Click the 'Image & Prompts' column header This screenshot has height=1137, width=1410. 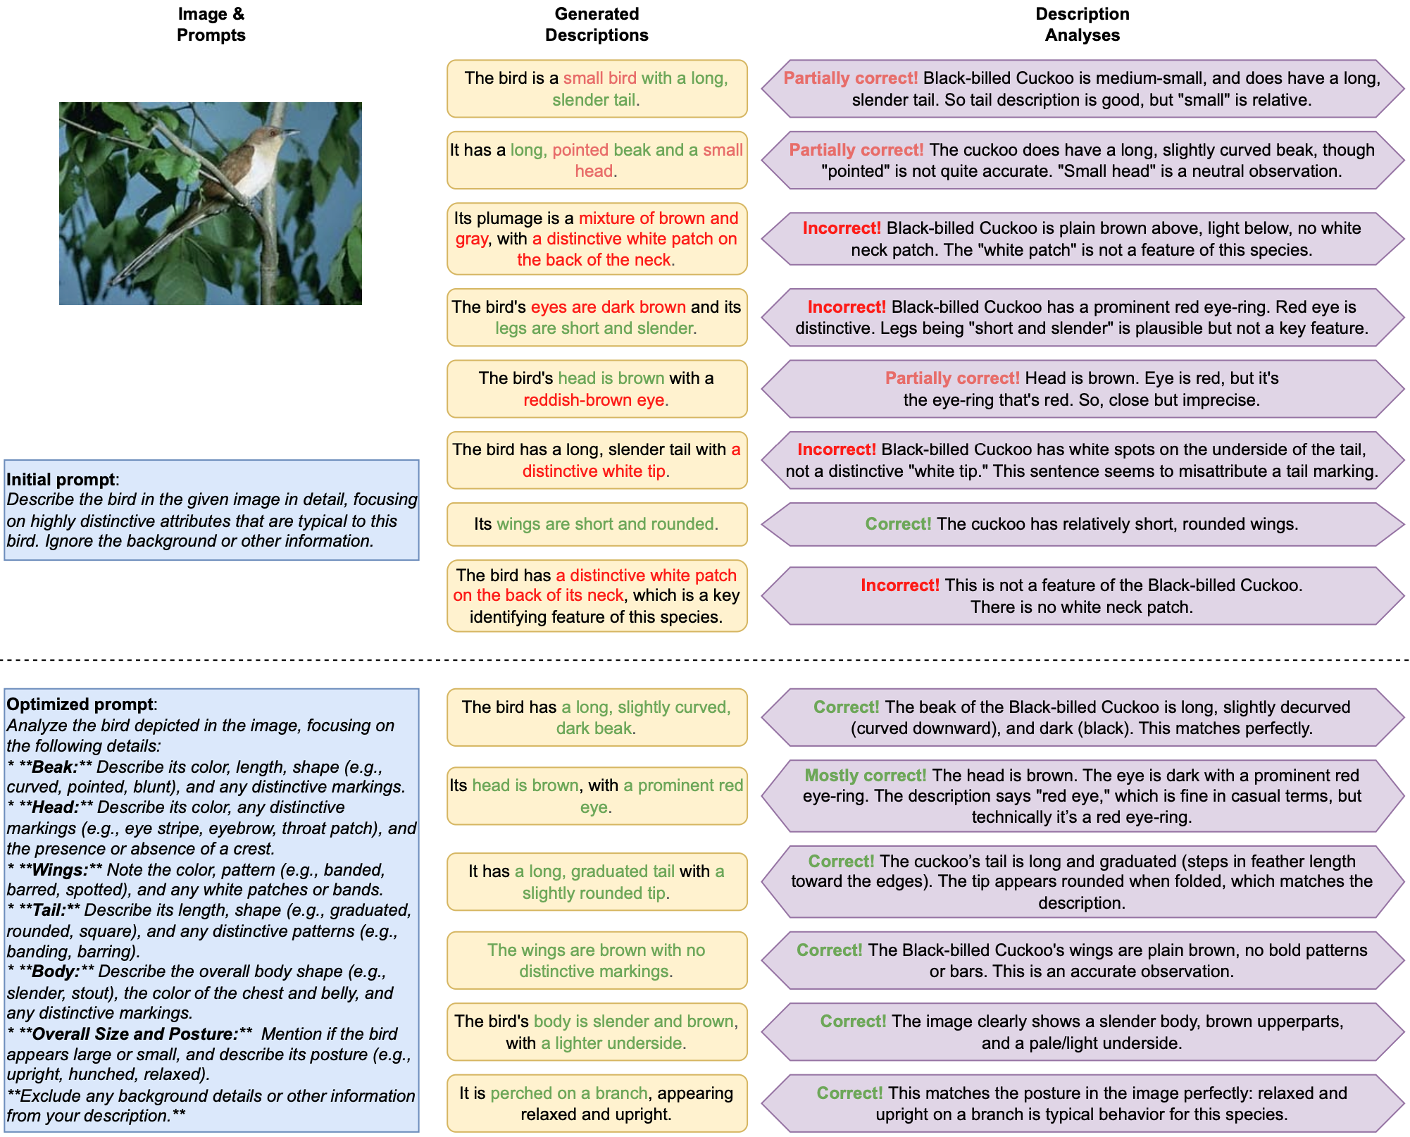(211, 25)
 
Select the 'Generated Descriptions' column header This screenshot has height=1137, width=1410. (597, 25)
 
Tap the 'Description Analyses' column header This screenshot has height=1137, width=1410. (1082, 25)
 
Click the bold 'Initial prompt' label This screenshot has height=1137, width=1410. (61, 480)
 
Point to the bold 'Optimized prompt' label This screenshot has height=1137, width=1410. (80, 704)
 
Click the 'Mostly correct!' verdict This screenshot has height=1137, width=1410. (865, 776)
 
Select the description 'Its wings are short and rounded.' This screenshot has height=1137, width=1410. (597, 524)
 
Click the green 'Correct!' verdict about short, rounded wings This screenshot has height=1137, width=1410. (898, 524)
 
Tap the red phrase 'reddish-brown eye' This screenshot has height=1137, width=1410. (595, 400)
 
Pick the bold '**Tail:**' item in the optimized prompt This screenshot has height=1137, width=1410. (50, 910)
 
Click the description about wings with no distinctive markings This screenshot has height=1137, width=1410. (597, 961)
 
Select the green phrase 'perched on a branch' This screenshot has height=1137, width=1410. (568, 1093)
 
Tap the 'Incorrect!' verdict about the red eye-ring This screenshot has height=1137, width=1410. (846, 307)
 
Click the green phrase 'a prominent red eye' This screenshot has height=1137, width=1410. (682, 786)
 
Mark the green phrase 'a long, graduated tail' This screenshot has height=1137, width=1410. (594, 871)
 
